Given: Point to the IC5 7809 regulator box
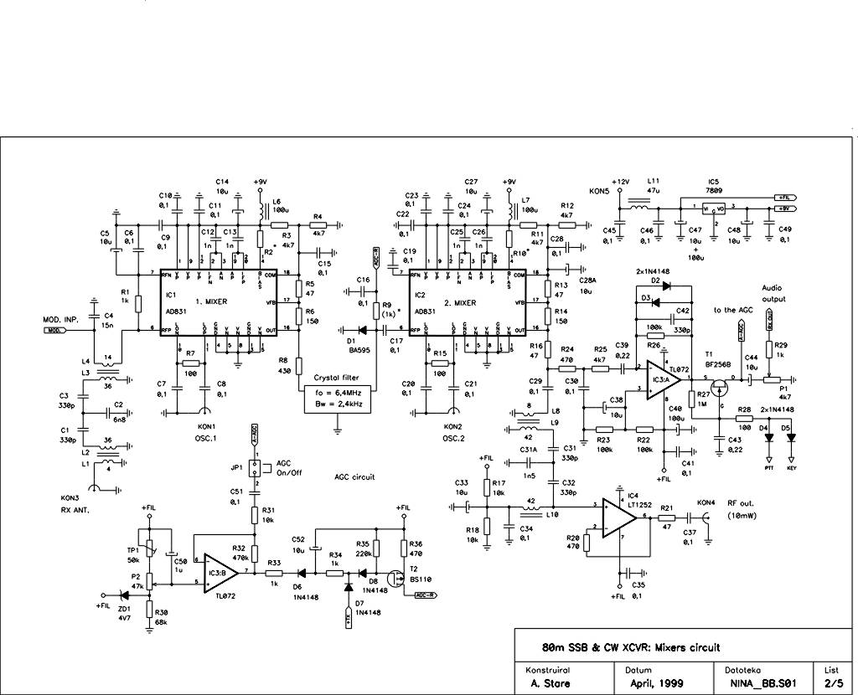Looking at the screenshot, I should (x=713, y=208).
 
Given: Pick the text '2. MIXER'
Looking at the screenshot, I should (x=459, y=301).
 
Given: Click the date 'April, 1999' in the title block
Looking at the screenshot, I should (x=656, y=683).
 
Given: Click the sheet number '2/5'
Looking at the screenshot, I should (x=832, y=683).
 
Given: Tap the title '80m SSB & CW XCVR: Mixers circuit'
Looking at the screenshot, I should (x=630, y=647).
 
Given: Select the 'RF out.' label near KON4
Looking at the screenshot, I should (x=741, y=502).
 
